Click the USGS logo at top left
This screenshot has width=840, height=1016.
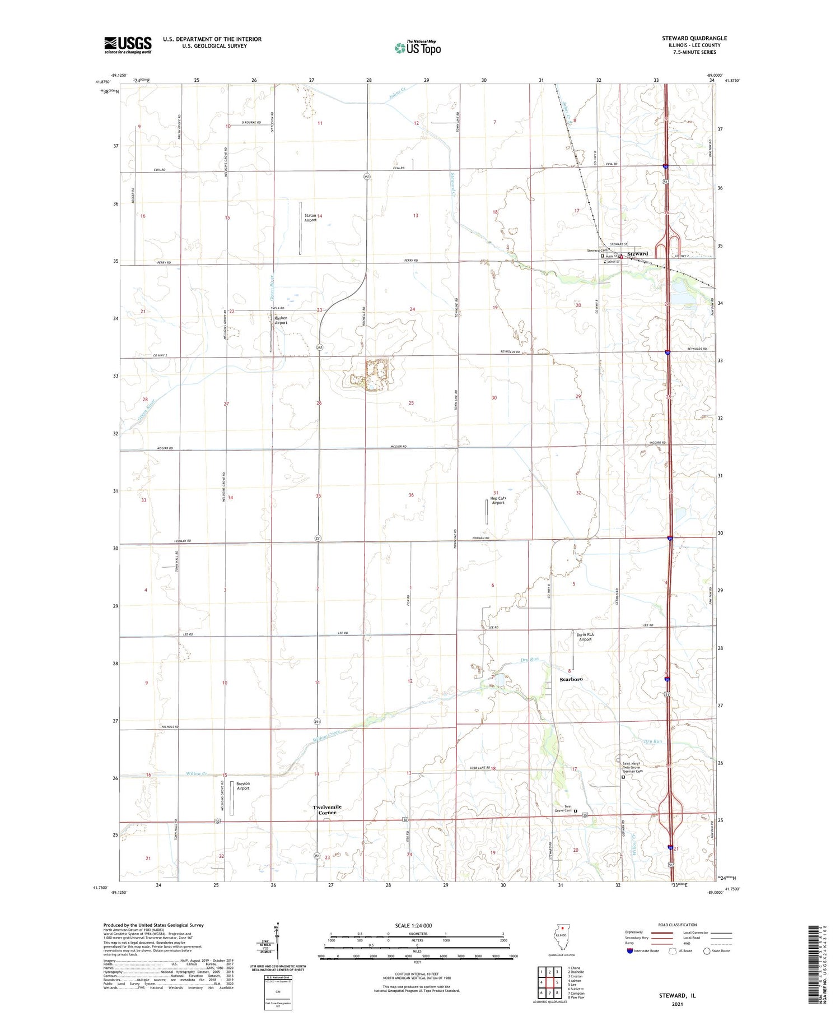point(128,45)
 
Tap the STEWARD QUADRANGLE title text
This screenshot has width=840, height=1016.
point(694,38)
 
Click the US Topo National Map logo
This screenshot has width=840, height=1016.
point(417,48)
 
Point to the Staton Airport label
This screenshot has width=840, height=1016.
point(311,218)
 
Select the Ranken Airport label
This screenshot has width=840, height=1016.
point(281,320)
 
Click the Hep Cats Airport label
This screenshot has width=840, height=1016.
point(498,500)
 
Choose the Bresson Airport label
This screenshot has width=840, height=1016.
point(242,786)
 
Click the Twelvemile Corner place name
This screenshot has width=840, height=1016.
point(327,809)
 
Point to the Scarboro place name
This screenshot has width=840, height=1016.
point(571,679)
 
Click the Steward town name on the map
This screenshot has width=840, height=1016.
point(637,254)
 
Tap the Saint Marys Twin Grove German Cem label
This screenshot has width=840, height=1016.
point(633,767)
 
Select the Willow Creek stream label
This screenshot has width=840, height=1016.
point(326,736)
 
